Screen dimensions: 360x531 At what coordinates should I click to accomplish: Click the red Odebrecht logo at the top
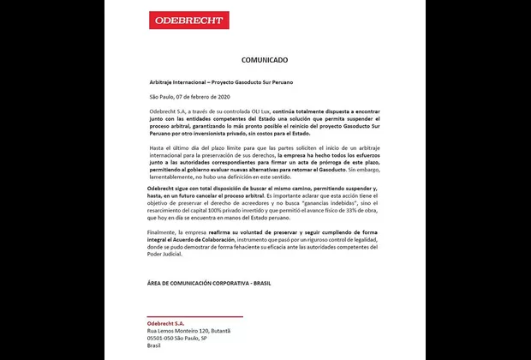pos(188,21)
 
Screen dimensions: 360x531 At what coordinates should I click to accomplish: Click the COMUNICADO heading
pos(265,61)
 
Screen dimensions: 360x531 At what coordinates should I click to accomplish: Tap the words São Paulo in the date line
pos(161,99)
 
